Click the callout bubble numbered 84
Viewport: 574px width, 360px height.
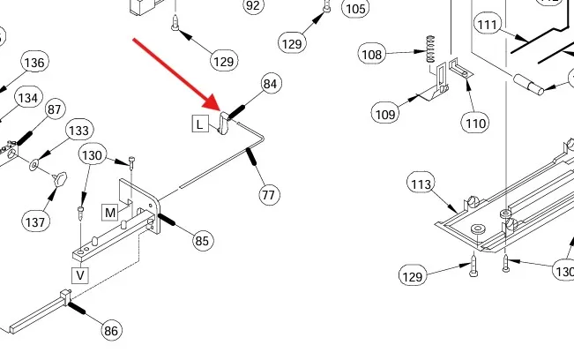coord(270,85)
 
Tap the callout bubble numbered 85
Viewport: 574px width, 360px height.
coord(203,239)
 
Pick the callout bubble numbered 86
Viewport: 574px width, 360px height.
coord(111,331)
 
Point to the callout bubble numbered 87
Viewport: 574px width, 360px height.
coord(55,109)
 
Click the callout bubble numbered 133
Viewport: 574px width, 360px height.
coord(78,131)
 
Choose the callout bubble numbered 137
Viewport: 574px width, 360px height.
coord(35,222)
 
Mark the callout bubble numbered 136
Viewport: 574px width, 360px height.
coord(34,63)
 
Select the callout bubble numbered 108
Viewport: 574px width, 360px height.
coord(372,55)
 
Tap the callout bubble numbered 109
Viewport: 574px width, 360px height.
coord(385,114)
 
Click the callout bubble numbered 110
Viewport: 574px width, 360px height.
coord(475,124)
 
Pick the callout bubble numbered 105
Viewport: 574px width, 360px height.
coord(354,9)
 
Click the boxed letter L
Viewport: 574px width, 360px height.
coord(200,124)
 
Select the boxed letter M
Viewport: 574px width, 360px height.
coord(110,213)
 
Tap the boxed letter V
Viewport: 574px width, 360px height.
coord(80,275)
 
